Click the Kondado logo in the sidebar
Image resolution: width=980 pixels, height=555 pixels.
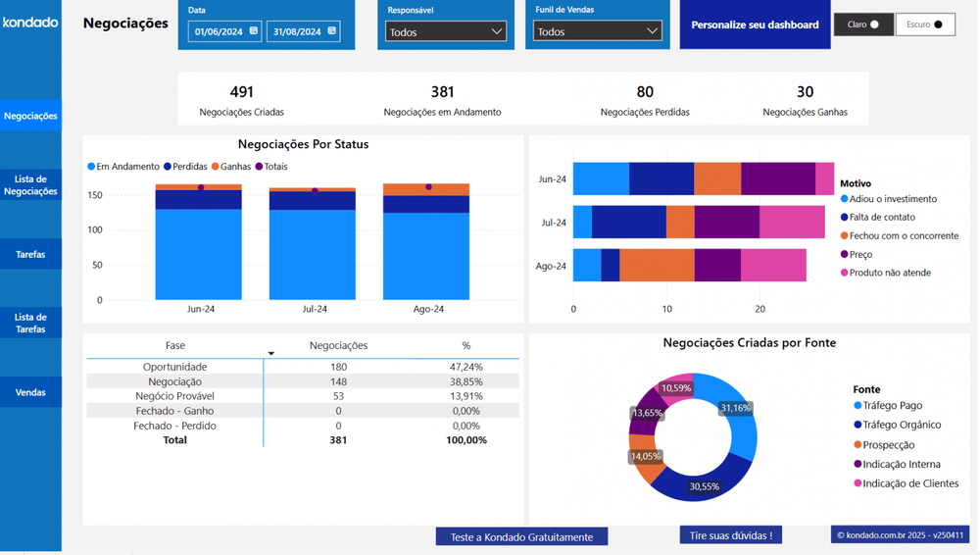click(x=30, y=22)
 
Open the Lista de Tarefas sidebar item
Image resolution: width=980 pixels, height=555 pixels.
click(x=30, y=323)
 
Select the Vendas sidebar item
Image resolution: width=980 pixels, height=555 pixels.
click(x=30, y=392)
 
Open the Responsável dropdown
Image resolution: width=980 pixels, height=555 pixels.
click(x=445, y=32)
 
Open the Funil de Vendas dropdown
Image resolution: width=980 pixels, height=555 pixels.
click(x=597, y=32)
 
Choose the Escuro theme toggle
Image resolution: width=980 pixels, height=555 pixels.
click(x=924, y=25)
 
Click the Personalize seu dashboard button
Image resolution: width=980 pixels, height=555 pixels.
click(x=755, y=25)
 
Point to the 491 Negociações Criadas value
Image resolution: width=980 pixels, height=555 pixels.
click(x=241, y=92)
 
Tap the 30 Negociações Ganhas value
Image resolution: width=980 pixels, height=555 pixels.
click(x=805, y=92)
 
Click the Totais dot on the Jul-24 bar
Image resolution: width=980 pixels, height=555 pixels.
click(x=315, y=190)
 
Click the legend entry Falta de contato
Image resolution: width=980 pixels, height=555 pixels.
click(x=882, y=217)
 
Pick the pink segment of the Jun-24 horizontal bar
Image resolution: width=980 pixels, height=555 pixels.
click(x=824, y=179)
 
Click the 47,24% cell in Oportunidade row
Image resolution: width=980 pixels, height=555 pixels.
click(x=465, y=367)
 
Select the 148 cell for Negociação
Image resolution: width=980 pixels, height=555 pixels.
click(x=338, y=381)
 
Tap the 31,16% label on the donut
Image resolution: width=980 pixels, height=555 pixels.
click(x=735, y=408)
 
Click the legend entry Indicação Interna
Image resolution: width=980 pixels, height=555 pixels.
click(x=901, y=464)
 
